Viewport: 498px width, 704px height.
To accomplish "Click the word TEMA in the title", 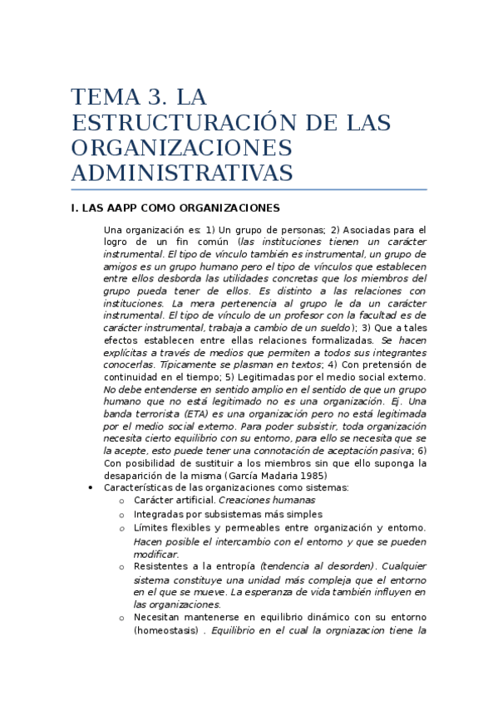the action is click(x=101, y=96).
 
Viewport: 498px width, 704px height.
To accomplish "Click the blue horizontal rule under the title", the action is click(x=249, y=190).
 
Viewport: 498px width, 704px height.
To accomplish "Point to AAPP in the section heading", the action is click(x=121, y=208).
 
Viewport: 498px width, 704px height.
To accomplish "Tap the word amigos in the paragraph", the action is click(x=121, y=266).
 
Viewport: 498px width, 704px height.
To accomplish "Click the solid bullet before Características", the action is click(x=90, y=488).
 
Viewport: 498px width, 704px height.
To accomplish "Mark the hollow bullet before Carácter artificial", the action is click(x=121, y=501).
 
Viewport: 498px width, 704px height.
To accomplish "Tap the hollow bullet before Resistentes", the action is click(x=121, y=566).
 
